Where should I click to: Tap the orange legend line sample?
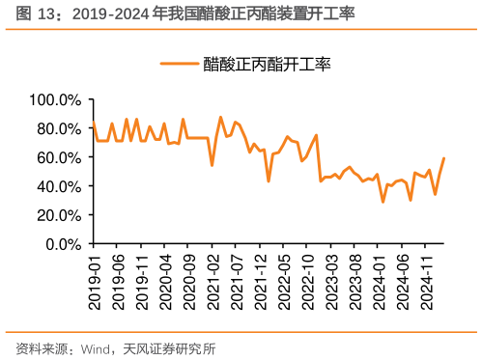point(179,64)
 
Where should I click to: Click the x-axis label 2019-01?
point(94,282)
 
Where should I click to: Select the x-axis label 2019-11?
point(141,282)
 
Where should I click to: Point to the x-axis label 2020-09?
point(189,282)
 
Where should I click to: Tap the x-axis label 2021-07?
point(237,282)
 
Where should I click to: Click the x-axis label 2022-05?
point(284,282)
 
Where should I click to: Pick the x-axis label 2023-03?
point(332,282)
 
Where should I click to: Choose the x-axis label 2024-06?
point(404,282)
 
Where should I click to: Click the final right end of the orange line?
point(444,157)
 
